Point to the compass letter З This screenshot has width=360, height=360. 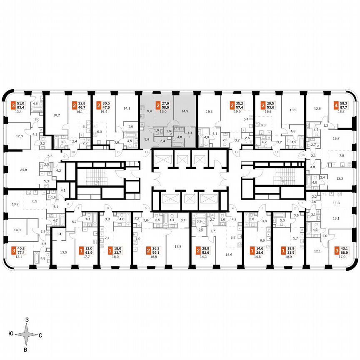pos(27,319)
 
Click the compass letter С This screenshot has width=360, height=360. pos(40,335)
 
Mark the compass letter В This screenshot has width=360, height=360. pos(26,350)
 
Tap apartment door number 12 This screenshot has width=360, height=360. pos(146,152)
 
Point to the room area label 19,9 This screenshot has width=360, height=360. pos(238,112)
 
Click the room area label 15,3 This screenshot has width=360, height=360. pos(209,112)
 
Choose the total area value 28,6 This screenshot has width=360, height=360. pos(260,253)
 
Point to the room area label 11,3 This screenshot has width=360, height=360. pos(336,203)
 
